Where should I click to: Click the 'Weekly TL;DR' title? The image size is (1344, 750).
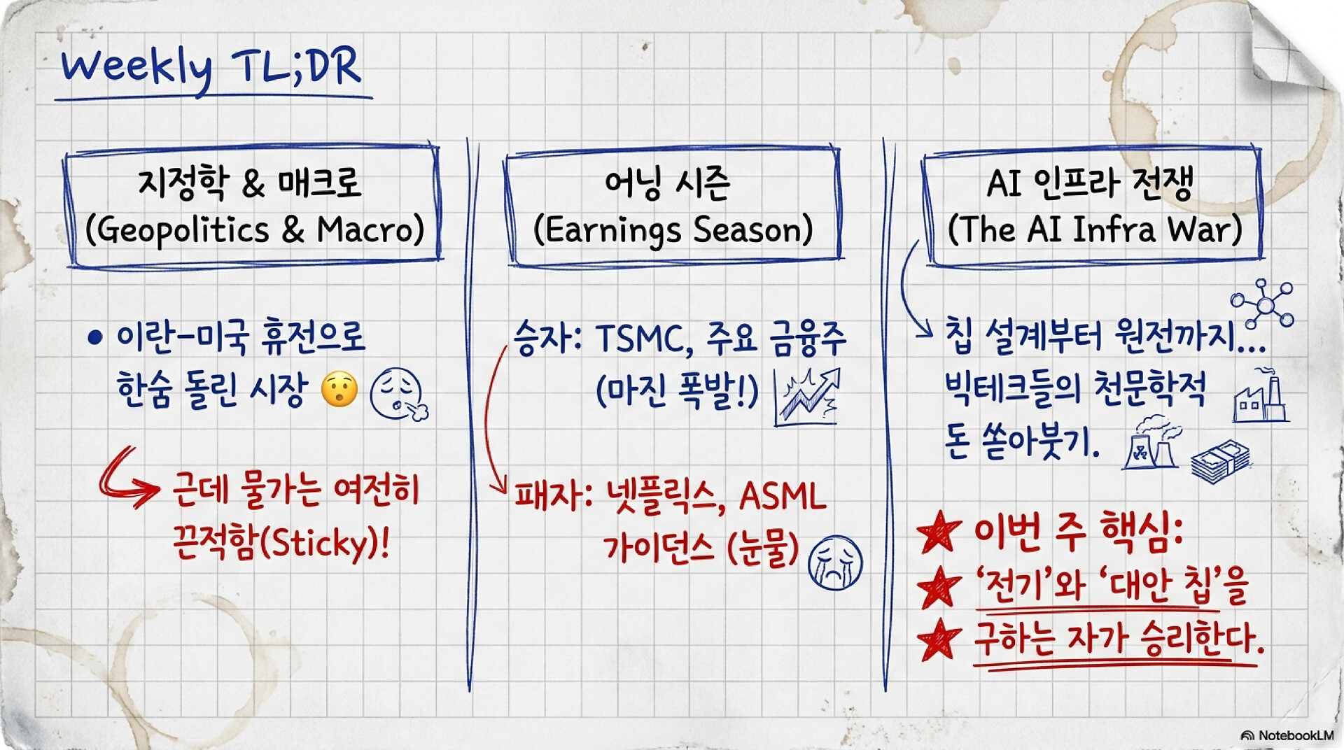[211, 69]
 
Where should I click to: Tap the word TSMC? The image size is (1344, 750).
[638, 339]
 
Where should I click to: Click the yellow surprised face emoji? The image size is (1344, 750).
[339, 390]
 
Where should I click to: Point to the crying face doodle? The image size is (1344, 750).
[835, 563]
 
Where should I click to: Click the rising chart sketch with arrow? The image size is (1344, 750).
[806, 396]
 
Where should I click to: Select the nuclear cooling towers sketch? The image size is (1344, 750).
[1150, 442]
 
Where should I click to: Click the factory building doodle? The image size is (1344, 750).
[1260, 396]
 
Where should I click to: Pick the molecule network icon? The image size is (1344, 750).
[1263, 304]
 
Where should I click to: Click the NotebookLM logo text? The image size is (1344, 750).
[1287, 735]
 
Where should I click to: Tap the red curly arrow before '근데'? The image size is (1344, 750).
[127, 477]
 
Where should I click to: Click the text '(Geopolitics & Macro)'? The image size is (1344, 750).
[255, 230]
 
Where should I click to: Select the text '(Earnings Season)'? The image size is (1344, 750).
[673, 230]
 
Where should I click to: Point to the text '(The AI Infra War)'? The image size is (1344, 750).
[1095, 229]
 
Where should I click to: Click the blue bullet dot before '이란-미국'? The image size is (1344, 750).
[95, 339]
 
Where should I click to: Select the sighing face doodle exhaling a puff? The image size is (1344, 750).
[398, 395]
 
